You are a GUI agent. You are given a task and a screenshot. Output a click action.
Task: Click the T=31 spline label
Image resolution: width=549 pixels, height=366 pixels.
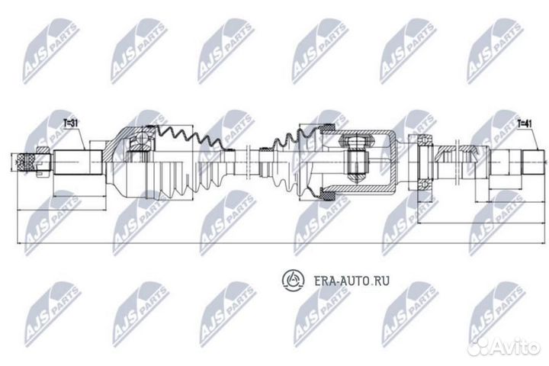pos(69,122)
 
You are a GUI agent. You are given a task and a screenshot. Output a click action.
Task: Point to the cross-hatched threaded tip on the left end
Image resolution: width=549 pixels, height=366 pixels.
pos(28,162)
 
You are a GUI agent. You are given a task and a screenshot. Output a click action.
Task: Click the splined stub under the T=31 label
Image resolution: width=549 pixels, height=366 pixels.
pos(77,162)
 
